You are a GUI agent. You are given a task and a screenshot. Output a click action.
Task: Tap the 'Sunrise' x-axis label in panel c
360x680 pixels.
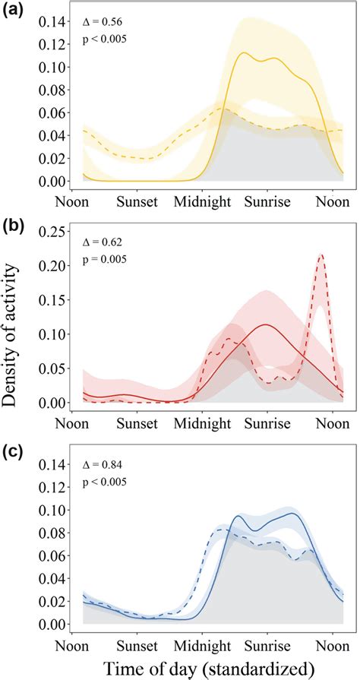(x=266, y=642)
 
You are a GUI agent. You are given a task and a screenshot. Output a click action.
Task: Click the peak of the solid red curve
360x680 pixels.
(x=266, y=324)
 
